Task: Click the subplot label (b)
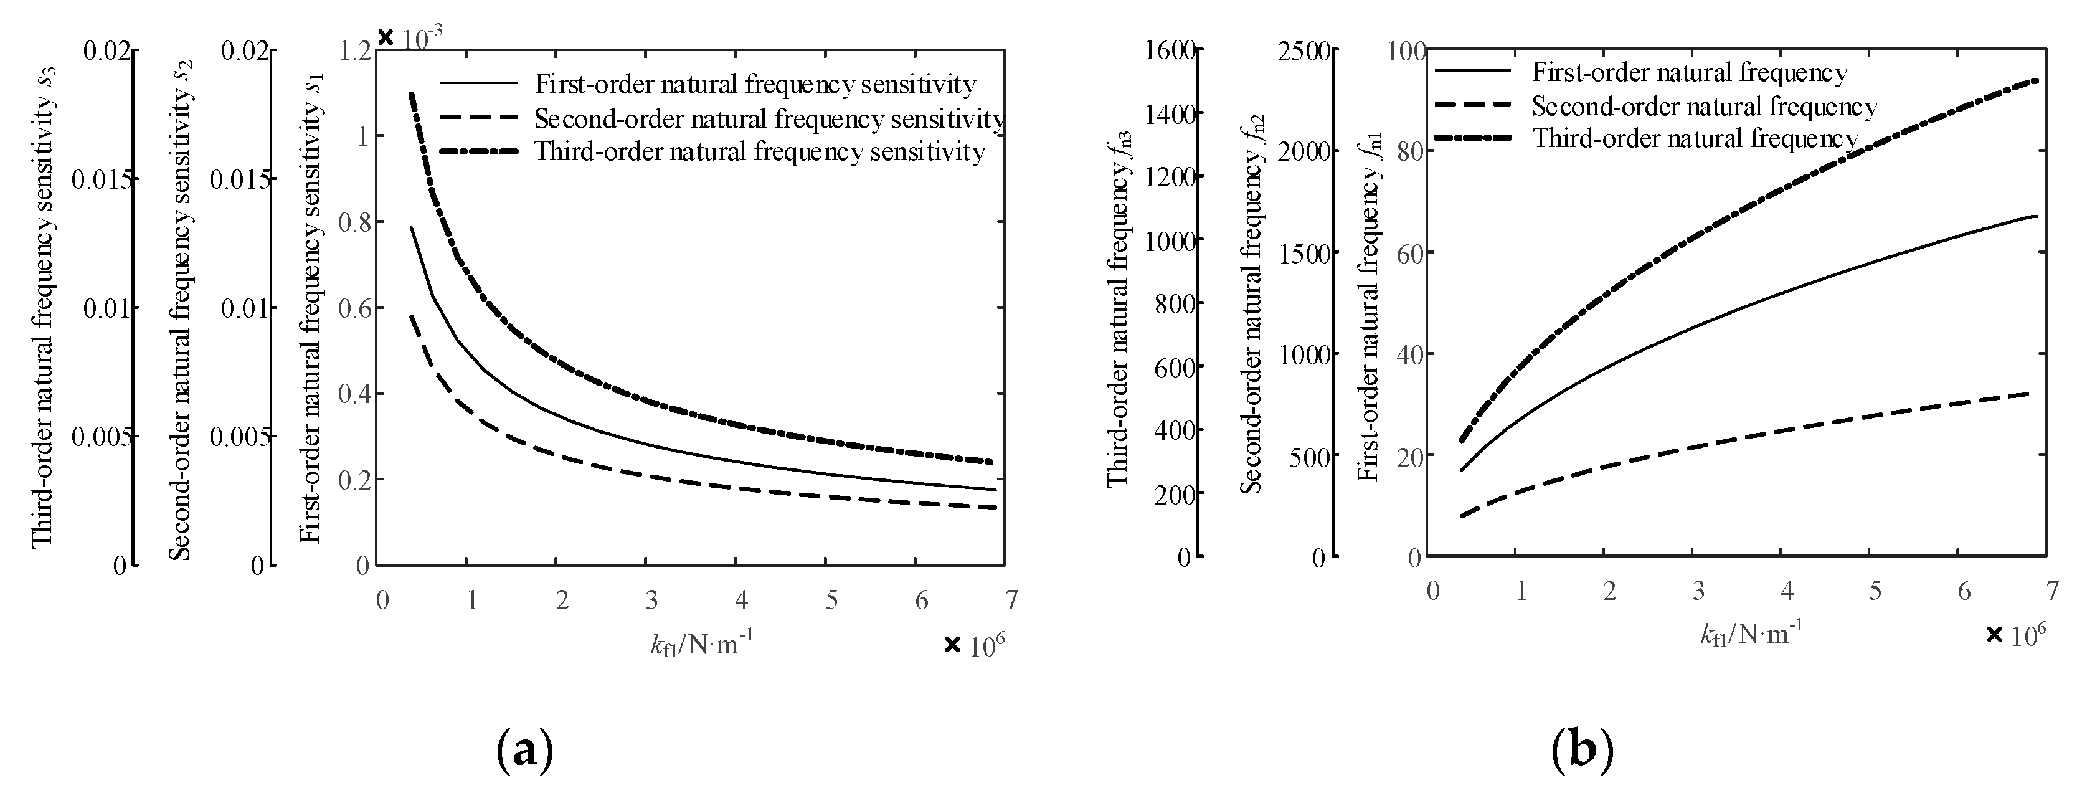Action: click(1582, 750)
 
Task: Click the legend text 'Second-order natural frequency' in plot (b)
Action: click(1705, 107)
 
